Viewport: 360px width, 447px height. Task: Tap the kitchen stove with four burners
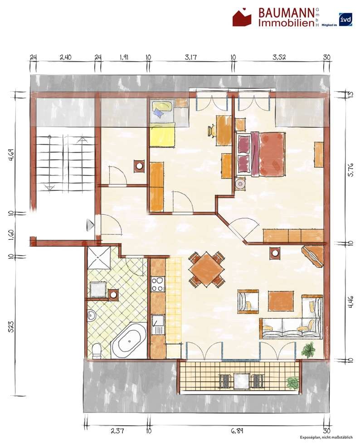point(157,284)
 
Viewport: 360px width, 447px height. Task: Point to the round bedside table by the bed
point(240,184)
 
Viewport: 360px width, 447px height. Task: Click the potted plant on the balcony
point(292,382)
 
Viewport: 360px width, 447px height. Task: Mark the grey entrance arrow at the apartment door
point(89,225)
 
